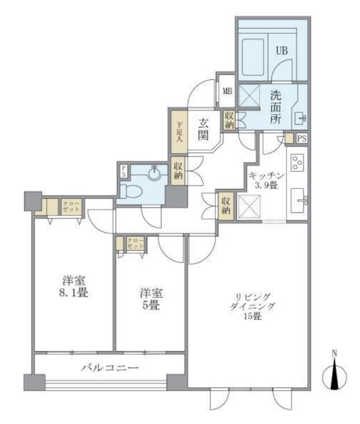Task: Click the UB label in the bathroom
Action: [281, 50]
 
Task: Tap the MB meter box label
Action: [226, 92]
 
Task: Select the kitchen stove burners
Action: [297, 162]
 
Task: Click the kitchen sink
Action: [299, 201]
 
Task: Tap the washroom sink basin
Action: [300, 117]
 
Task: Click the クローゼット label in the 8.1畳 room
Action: [70, 208]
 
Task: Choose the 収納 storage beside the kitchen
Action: [226, 206]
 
